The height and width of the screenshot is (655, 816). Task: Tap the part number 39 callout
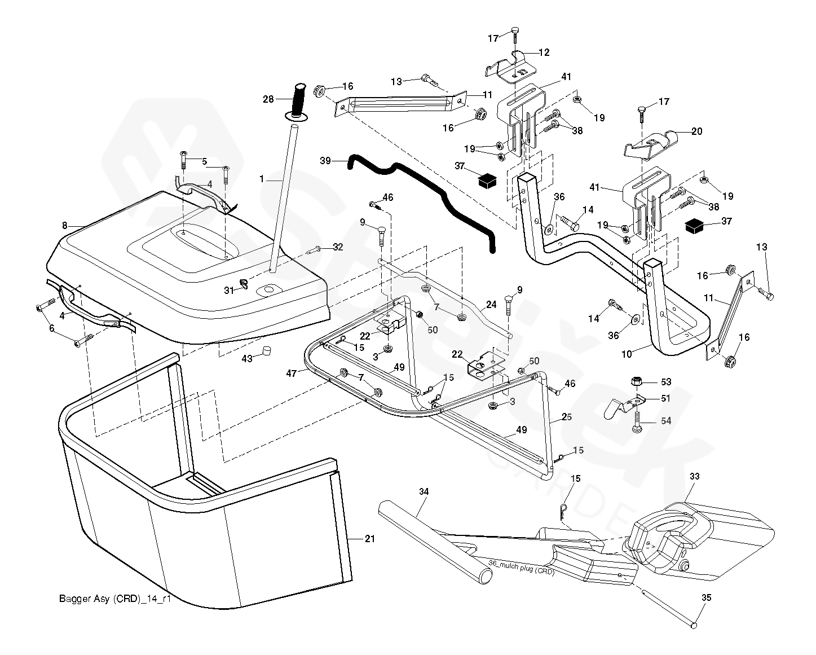click(325, 161)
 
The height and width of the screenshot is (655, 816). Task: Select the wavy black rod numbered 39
click(421, 203)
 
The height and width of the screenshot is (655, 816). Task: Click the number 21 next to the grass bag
click(370, 538)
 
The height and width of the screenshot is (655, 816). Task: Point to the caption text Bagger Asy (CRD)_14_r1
click(115, 599)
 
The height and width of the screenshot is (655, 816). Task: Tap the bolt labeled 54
click(637, 422)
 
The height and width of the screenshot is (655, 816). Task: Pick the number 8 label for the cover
click(65, 226)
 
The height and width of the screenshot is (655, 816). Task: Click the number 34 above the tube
click(424, 491)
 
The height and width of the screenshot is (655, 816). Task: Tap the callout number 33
click(694, 476)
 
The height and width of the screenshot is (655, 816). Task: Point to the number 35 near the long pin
click(707, 597)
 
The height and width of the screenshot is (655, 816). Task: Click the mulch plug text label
click(522, 568)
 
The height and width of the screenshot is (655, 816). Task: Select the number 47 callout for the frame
click(291, 373)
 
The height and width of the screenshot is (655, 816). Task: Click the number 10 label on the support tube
click(627, 354)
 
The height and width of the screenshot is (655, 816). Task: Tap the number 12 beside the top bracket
click(544, 52)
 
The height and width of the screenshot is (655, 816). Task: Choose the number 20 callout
click(697, 131)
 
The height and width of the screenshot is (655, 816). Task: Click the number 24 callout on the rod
click(491, 304)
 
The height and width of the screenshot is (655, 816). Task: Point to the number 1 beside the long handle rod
click(262, 179)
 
